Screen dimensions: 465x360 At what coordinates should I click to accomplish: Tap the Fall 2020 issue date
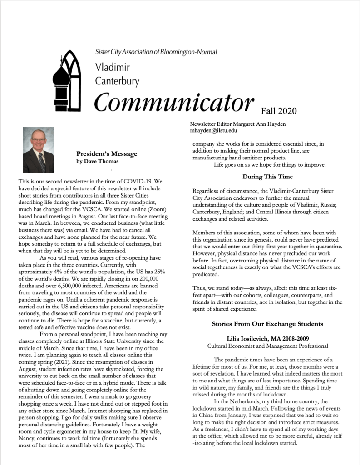(x=278, y=110)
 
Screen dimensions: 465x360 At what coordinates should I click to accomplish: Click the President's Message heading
(x=107, y=153)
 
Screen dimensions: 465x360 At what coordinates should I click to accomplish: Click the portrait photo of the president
(x=38, y=149)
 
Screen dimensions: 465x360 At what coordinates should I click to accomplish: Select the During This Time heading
(x=267, y=176)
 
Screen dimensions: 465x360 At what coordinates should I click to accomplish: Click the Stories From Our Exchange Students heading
(x=267, y=324)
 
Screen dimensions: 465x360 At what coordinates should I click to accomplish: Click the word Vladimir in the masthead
(x=112, y=68)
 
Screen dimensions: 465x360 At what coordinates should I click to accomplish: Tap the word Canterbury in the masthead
(x=117, y=81)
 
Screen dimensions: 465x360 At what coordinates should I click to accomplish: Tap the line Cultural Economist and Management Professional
(x=267, y=346)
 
